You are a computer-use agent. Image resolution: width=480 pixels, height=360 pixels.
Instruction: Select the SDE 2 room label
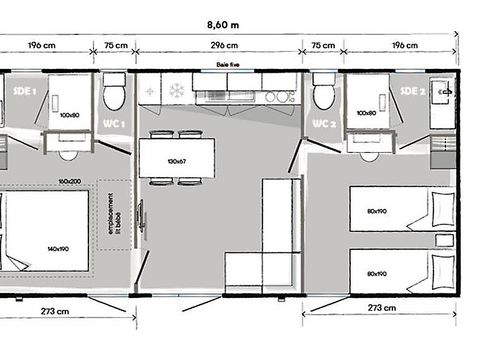pos(413,91)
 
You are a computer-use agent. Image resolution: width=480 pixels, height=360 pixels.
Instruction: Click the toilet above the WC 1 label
pos(115,95)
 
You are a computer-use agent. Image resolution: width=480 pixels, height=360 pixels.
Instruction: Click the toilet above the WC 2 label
pos(322,95)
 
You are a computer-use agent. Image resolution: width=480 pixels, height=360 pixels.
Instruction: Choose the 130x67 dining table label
pos(176,161)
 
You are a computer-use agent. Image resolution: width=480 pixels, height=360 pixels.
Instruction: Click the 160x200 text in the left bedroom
pos(69,182)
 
